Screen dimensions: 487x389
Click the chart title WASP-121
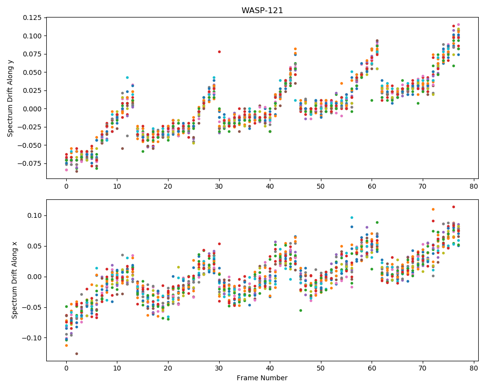[262, 10]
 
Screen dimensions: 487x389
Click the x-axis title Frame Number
[262, 378]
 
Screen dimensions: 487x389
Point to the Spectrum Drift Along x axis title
[14, 280]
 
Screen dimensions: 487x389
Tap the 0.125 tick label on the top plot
[32, 18]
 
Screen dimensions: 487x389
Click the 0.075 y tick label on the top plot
[32, 54]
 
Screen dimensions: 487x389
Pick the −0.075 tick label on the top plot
[30, 163]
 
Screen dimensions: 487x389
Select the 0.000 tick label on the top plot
[32, 109]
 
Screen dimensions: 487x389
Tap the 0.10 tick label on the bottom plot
[35, 215]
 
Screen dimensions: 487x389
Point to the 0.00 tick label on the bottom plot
[35, 277]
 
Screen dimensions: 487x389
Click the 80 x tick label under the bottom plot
[474, 369]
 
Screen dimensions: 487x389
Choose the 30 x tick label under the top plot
[219, 186]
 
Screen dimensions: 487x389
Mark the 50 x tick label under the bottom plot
[321, 369]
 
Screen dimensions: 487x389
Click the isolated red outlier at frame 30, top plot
[219, 52]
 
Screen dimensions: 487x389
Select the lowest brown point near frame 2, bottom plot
[77, 354]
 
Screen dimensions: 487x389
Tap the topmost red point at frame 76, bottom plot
[453, 207]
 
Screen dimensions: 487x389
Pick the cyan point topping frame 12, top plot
[127, 77]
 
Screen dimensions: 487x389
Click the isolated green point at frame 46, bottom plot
[300, 311]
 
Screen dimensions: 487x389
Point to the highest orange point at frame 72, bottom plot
[433, 210]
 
